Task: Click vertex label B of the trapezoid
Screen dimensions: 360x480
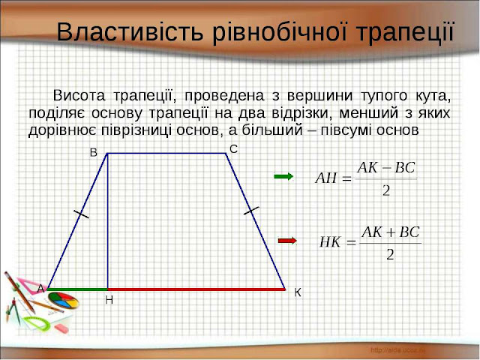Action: click(x=94, y=152)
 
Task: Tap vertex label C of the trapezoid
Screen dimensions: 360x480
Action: click(x=233, y=150)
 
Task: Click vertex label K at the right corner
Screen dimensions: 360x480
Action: click(x=297, y=292)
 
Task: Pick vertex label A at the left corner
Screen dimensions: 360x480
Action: click(x=40, y=288)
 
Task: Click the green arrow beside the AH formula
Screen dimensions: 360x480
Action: click(x=283, y=176)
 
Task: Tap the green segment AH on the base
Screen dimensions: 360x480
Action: click(x=79, y=288)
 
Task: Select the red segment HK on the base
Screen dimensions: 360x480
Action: click(x=196, y=288)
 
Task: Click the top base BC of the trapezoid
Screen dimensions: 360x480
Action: click(x=166, y=153)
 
